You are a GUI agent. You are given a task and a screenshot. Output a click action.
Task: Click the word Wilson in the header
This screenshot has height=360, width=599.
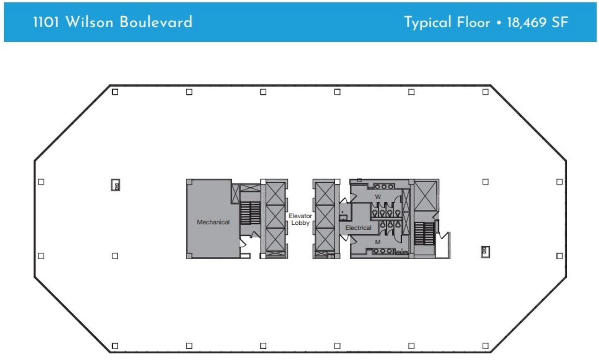[89, 22]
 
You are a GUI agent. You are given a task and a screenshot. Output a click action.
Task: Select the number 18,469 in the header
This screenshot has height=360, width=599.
[527, 22]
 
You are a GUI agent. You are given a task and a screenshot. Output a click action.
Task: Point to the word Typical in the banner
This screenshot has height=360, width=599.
[427, 22]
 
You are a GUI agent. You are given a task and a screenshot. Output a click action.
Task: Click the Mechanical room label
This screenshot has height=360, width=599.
[213, 222]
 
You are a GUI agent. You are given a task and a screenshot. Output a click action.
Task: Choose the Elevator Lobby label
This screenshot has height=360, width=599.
[300, 219]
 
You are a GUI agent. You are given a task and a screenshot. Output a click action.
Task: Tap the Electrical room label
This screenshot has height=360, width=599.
[358, 228]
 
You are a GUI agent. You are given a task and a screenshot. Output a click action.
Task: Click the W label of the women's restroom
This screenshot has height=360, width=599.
[377, 197]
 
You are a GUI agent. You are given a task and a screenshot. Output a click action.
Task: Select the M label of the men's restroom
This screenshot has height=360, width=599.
[377, 242]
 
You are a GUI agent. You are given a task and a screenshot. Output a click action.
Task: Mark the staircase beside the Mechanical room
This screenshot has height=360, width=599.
[250, 213]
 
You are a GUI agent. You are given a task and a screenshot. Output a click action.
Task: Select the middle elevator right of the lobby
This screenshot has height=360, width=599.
[324, 217]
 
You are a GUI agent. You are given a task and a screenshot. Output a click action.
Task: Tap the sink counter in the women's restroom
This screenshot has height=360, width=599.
[384, 187]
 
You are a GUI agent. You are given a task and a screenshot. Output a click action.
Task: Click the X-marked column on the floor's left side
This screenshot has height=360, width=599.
[116, 185]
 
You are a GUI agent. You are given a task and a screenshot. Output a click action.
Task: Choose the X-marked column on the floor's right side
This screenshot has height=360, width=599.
[485, 251]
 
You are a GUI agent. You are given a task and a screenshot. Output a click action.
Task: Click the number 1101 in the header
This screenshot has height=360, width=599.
[46, 22]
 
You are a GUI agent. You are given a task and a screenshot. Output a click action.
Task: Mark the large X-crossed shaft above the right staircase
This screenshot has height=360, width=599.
[425, 195]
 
